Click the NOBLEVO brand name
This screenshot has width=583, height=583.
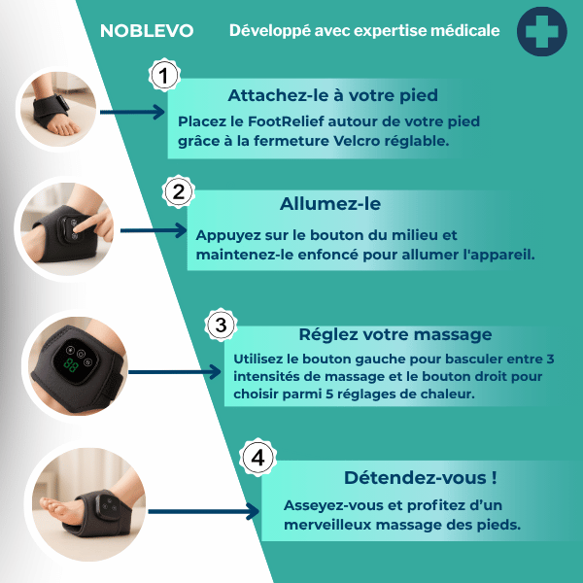[147, 31]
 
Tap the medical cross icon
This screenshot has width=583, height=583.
[542, 32]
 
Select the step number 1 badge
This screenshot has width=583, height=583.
[164, 76]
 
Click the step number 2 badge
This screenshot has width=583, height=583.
[179, 191]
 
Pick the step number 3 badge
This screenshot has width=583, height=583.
[221, 325]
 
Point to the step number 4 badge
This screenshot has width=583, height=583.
[257, 457]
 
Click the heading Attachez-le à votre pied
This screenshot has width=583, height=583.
[332, 95]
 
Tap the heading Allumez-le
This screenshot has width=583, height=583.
[330, 204]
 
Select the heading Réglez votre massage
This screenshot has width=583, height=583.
[395, 334]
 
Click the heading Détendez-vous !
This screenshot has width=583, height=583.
[420, 477]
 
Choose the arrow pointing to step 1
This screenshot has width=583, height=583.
[132, 112]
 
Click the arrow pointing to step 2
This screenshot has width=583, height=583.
[154, 230]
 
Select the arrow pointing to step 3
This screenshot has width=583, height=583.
[174, 372]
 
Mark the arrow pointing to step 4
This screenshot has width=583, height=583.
[204, 512]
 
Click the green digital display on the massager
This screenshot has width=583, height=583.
[70, 366]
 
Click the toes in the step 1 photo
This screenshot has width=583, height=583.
[63, 129]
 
